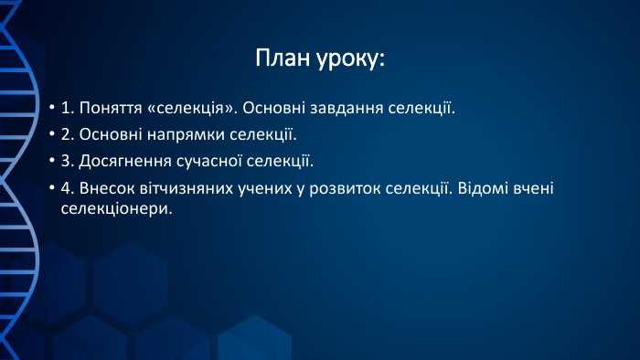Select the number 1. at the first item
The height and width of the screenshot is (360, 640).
pos(68,109)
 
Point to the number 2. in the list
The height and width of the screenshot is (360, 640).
pos(68,135)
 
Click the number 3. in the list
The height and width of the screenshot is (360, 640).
pos(68,162)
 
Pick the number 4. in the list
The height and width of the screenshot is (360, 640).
pos(68,188)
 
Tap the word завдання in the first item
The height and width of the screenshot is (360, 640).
pos(346,109)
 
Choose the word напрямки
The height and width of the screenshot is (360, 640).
pos(194,135)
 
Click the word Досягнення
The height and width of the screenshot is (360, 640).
pos(125,162)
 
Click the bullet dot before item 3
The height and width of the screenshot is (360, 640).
pos(52,163)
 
